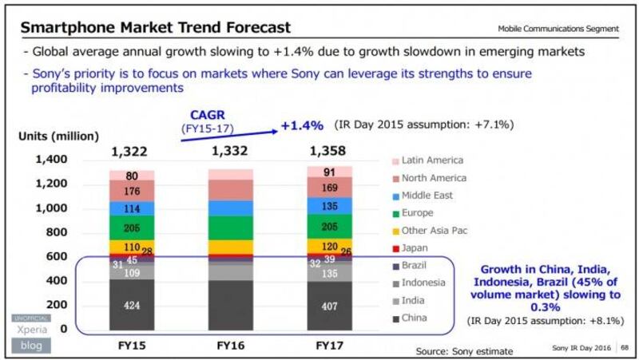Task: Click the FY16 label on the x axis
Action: tap(231, 345)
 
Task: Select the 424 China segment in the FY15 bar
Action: tap(132, 304)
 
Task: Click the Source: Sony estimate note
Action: tap(464, 350)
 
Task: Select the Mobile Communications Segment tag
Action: tap(558, 29)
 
